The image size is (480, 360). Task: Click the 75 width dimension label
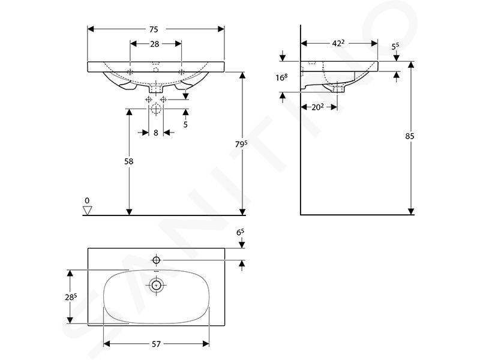(154, 29)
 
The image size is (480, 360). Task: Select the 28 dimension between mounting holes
(155, 44)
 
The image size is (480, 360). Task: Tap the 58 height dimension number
(129, 161)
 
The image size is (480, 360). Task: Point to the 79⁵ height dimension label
(241, 143)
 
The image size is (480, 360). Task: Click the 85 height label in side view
(410, 136)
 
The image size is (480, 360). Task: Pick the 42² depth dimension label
(338, 43)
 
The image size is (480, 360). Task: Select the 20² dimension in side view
(317, 107)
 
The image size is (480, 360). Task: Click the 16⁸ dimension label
(281, 77)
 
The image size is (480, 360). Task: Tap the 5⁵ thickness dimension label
(395, 47)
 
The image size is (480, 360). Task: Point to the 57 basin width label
(156, 344)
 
